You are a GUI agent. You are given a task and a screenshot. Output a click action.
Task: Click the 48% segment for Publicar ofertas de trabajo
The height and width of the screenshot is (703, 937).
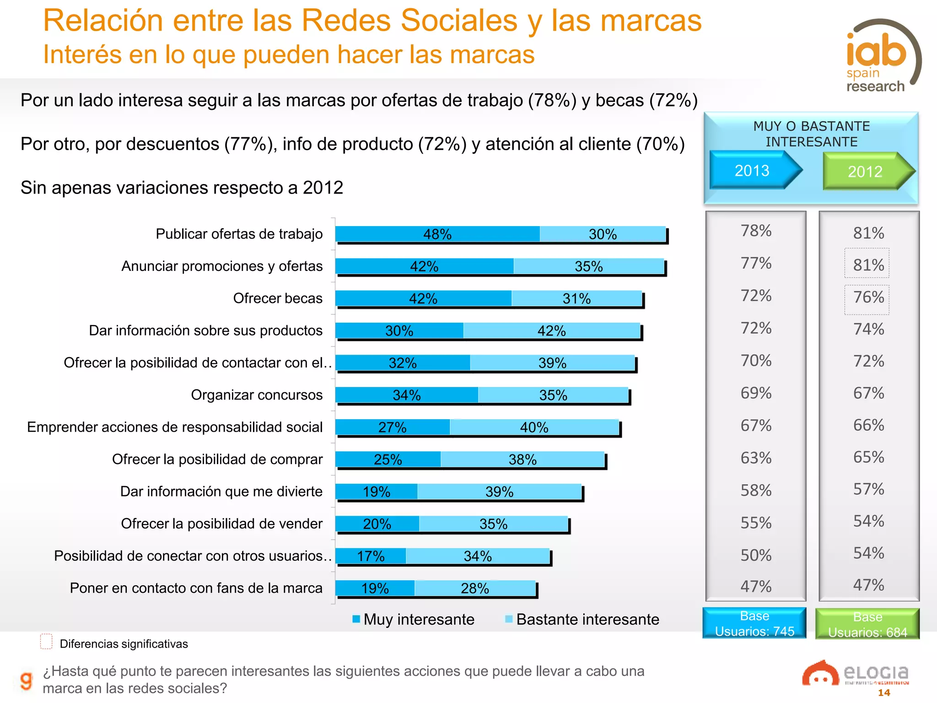[x=437, y=234]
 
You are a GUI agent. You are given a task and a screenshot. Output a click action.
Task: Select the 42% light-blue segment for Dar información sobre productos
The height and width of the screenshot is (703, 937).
[x=551, y=330]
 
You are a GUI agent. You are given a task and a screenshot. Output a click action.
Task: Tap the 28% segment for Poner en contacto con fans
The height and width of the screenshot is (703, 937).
[x=474, y=588]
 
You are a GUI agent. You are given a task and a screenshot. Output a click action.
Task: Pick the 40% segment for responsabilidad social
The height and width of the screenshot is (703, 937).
[x=534, y=427]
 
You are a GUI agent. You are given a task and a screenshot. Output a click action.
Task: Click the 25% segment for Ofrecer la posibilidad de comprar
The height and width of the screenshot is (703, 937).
[x=388, y=459]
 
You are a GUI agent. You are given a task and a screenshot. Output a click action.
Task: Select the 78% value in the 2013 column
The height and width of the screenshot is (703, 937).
[x=756, y=231]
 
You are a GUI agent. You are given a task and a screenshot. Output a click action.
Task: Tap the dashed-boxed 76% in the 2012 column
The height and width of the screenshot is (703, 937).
[x=867, y=298]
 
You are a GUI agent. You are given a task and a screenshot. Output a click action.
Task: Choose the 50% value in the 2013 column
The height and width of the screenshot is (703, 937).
[x=756, y=555]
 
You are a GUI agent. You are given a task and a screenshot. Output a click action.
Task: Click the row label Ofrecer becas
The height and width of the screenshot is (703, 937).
[x=278, y=298]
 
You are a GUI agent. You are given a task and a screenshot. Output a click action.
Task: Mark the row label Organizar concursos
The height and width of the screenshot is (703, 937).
[x=257, y=395]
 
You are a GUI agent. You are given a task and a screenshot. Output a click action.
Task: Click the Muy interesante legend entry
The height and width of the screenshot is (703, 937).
[x=414, y=619]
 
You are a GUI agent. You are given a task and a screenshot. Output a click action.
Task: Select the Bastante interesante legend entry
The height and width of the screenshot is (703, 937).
[x=582, y=619]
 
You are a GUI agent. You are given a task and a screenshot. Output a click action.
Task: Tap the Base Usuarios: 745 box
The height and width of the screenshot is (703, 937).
[x=754, y=623]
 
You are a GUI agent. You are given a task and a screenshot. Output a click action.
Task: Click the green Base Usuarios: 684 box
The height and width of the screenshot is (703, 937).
[x=867, y=624]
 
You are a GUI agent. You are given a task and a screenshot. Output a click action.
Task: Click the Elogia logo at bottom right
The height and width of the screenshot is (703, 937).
[x=856, y=673]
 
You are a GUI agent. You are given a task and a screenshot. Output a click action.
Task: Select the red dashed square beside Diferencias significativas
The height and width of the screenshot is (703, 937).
[x=46, y=641]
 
